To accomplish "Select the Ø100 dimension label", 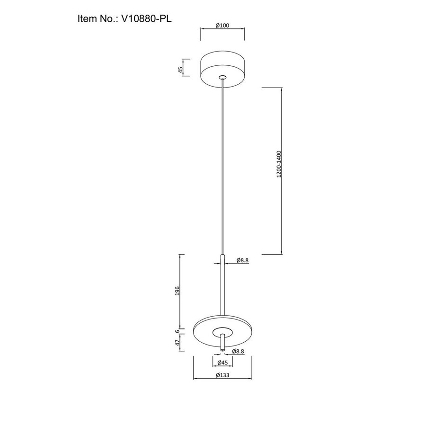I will (222, 26).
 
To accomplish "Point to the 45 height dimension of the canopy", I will (180, 67).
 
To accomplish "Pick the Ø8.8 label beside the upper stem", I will (242, 260).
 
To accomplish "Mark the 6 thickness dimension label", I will (177, 332).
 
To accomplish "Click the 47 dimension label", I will (177, 343).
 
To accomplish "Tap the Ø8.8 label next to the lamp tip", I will (239, 351).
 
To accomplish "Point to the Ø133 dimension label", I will (222, 375).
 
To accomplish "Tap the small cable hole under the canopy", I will (222, 77).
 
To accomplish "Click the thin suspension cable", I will (222, 166).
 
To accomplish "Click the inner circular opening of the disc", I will (222, 331).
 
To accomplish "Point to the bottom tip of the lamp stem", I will (222, 350).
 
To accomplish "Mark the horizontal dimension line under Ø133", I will (222, 380).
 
